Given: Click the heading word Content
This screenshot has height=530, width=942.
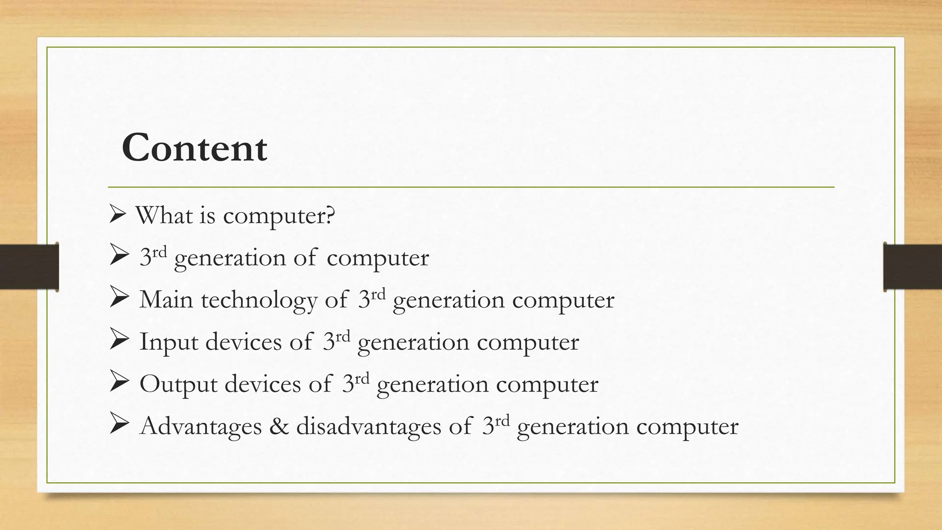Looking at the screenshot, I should pos(194,148).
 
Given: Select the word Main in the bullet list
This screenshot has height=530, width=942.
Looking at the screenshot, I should pos(166,300).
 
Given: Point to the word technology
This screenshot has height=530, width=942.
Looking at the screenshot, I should pos(259,300).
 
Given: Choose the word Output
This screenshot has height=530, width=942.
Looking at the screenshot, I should pos(178,385).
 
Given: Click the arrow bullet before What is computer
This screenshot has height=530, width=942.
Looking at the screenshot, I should pos(118,214).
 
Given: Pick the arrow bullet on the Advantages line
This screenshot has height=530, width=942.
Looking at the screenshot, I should pos(119,425).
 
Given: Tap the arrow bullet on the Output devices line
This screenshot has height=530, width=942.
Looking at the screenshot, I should pos(119,383).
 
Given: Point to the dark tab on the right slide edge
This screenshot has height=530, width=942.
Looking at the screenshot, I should pos(913,267).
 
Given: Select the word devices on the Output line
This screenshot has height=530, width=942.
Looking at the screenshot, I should pos(263,384).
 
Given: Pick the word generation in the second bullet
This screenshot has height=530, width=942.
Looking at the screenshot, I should pos(230,258).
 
